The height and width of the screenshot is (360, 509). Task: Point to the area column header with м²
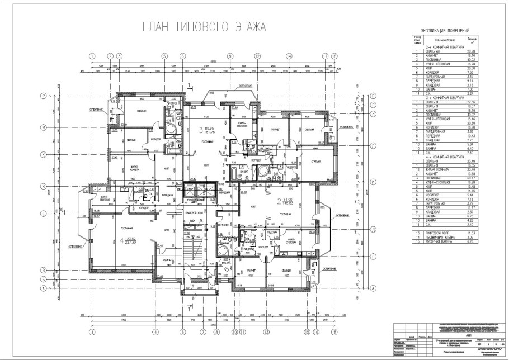471,40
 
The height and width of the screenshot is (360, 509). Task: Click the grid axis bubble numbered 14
289,56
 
